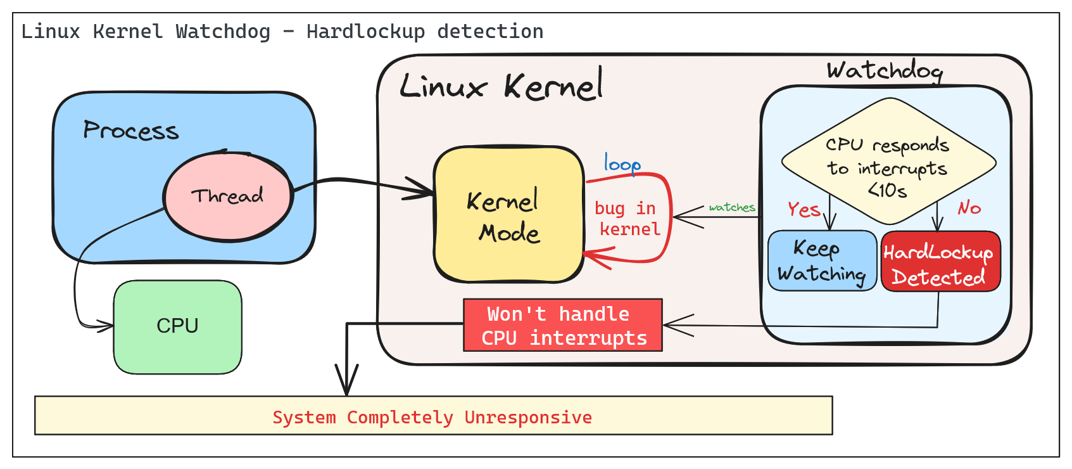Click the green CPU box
point(177,326)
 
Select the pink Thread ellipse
point(228,196)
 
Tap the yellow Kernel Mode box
point(508,215)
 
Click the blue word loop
point(622,164)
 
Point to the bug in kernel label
point(627,219)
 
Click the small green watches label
point(732,207)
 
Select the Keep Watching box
point(821,260)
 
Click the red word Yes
point(804,209)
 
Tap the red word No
point(969,208)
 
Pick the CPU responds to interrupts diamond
point(888,162)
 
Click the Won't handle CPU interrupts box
point(563,325)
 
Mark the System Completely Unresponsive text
point(432,417)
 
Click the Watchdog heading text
point(885,70)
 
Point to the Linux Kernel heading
point(501,86)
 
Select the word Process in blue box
point(131,131)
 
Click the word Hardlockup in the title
point(365,31)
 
